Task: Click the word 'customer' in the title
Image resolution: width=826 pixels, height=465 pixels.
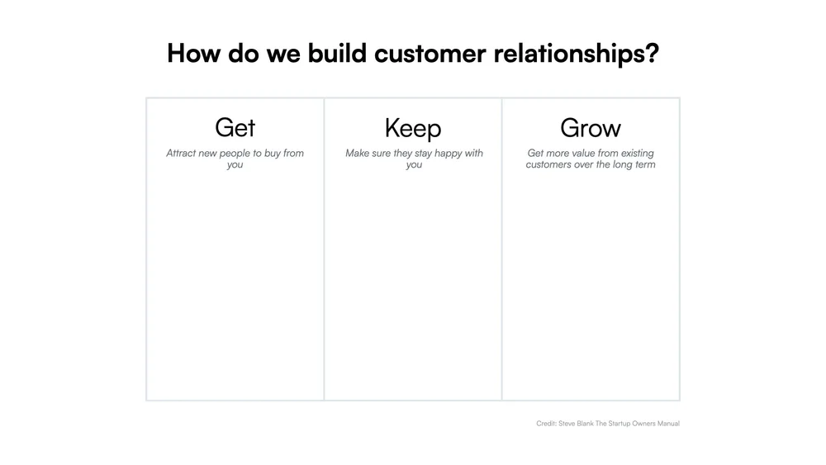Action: pos(430,54)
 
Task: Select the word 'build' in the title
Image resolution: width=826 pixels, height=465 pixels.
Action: pos(338,54)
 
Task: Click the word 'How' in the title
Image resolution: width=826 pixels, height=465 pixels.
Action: pos(192,54)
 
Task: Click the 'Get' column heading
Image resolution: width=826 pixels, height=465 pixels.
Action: pos(235,127)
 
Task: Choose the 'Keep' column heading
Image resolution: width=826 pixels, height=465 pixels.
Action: pos(413,127)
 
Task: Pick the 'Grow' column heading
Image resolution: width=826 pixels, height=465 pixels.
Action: pos(591,127)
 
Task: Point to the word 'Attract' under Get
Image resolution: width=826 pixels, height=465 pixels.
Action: pos(181,154)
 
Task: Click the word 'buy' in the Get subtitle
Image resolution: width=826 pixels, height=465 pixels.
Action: pos(273,154)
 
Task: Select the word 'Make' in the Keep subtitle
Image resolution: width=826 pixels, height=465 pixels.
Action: pos(358,154)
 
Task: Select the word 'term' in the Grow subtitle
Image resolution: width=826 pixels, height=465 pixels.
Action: pos(644,165)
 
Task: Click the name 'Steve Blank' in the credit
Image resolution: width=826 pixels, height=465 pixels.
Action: pos(575,424)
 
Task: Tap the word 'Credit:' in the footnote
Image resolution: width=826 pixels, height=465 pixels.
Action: pos(545,424)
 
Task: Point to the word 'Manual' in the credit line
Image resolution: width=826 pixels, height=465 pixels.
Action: pos(667,424)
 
